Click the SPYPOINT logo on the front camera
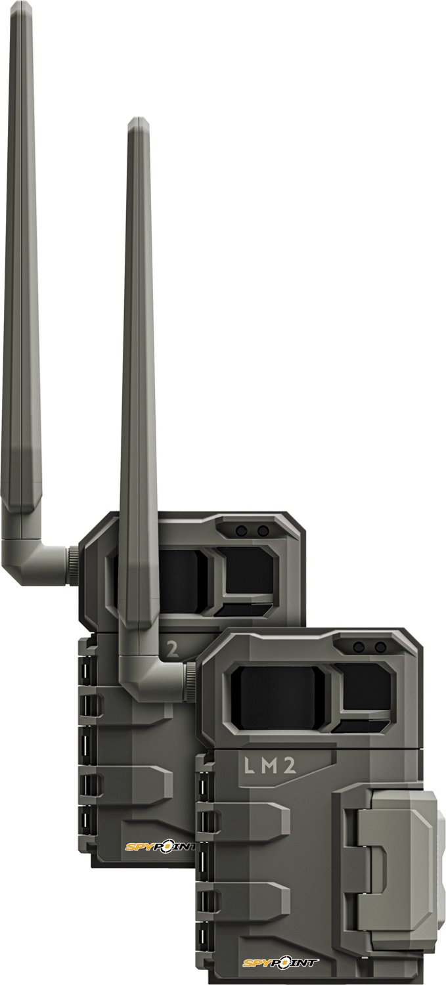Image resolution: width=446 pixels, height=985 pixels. tap(280, 963)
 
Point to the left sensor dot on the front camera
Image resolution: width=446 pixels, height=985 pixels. tap(358, 647)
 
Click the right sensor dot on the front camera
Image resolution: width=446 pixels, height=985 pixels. tap(380, 647)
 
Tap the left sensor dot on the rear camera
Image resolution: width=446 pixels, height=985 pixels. tap(241, 531)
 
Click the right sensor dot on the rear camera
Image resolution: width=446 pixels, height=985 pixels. tap(263, 531)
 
